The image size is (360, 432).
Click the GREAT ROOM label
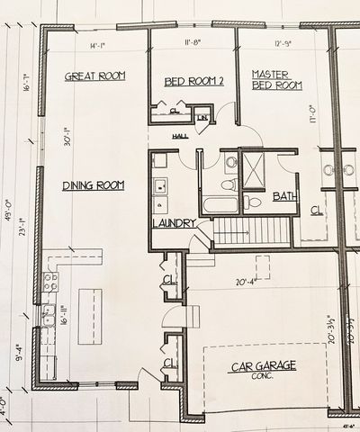(x=94, y=76)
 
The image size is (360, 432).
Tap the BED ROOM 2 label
(x=193, y=82)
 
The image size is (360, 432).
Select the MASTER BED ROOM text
(x=275, y=80)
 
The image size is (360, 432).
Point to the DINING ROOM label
(x=92, y=186)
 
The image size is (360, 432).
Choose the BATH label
(x=284, y=196)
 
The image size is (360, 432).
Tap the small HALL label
(x=181, y=136)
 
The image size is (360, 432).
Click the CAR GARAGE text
(x=264, y=366)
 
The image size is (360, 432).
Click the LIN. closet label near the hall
(x=203, y=118)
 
